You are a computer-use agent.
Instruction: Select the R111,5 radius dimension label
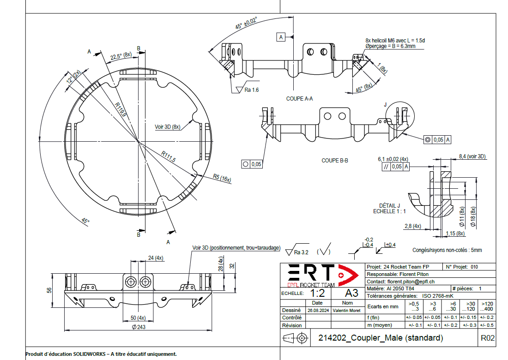[169, 156]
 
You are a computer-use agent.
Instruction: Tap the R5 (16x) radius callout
[222, 178]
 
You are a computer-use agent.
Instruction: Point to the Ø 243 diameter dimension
[139, 327]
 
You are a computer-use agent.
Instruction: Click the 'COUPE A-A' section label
[300, 99]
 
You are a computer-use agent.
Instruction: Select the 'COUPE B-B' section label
[335, 161]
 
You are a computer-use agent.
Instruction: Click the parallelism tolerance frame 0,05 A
[394, 167]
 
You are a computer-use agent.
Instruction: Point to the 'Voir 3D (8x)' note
[167, 126]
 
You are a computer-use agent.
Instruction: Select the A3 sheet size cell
[351, 293]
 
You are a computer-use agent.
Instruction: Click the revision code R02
[488, 338]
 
